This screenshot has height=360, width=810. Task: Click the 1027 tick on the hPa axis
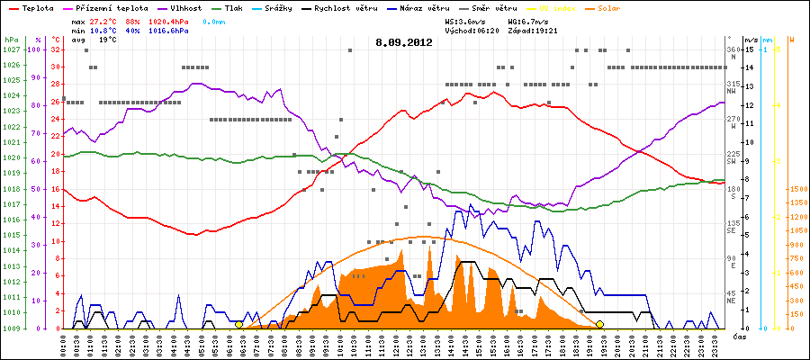tap(11, 49)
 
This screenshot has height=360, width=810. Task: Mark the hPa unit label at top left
tap(10, 40)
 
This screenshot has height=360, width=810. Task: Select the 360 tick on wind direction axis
tap(733, 49)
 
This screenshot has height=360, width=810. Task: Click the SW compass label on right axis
tap(733, 162)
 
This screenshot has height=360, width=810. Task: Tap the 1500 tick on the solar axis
tap(796, 189)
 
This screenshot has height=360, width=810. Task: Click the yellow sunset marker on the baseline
tap(599, 324)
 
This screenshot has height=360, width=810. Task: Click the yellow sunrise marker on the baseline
tap(238, 324)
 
